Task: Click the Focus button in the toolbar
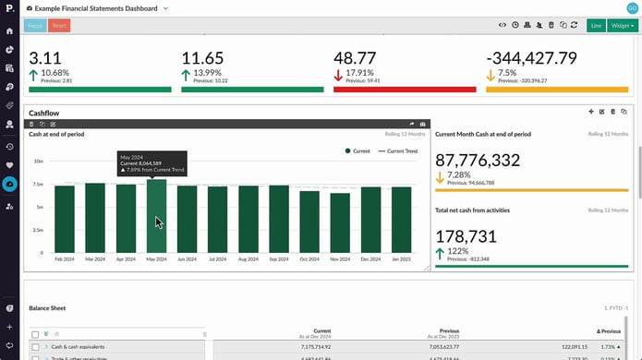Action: coord(35,25)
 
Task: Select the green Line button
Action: coord(595,25)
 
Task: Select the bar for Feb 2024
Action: coord(65,219)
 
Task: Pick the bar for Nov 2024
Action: coord(340,222)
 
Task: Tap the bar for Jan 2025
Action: coord(401,219)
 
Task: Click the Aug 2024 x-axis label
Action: coord(248,260)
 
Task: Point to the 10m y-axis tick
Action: coord(39,161)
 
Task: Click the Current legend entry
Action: coord(359,150)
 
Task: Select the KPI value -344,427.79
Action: coord(531,58)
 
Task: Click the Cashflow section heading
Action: coord(44,113)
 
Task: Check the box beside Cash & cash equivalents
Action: coord(35,346)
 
